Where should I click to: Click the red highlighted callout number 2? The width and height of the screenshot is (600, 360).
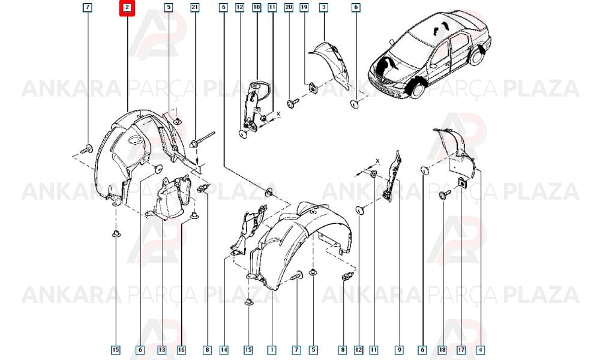click(127, 8)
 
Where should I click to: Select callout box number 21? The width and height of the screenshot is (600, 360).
click(195, 7)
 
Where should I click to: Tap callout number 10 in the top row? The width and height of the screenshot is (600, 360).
click(256, 7)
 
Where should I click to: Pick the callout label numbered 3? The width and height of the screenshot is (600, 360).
click(324, 7)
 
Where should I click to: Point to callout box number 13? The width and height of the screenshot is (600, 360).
click(162, 349)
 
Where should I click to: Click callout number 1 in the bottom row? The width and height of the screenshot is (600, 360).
click(272, 349)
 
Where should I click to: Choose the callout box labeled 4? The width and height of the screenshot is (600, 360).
click(480, 349)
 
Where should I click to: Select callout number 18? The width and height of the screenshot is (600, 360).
click(442, 349)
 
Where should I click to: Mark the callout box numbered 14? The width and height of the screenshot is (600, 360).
click(224, 349)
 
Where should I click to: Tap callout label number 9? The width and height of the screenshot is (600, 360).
click(400, 349)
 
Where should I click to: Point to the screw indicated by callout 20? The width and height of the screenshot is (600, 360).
click(293, 103)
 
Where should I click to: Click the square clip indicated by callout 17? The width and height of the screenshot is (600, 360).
click(462, 183)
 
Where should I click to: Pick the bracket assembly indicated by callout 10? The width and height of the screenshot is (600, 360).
click(254, 105)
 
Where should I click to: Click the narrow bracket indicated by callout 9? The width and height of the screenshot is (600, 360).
click(392, 176)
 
